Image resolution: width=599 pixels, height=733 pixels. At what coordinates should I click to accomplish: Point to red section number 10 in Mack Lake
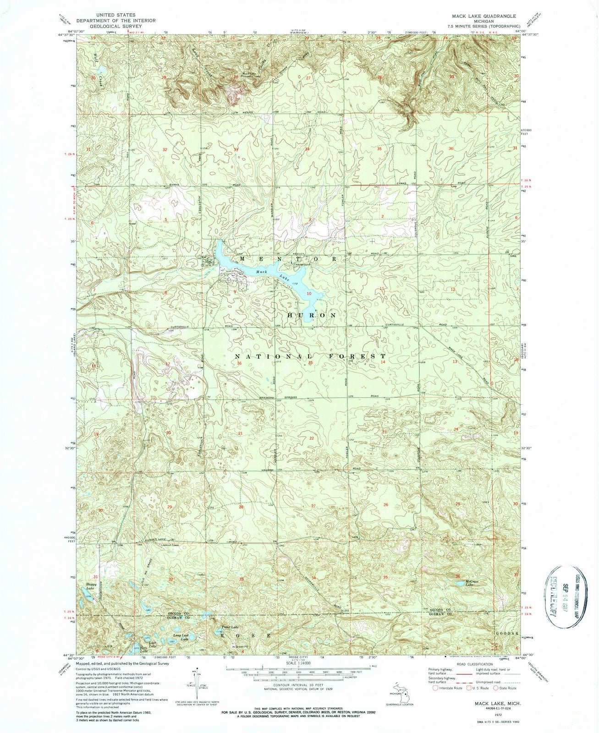pyautogui.click(x=309, y=293)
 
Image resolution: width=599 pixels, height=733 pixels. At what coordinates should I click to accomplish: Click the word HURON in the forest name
pyautogui.click(x=312, y=316)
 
